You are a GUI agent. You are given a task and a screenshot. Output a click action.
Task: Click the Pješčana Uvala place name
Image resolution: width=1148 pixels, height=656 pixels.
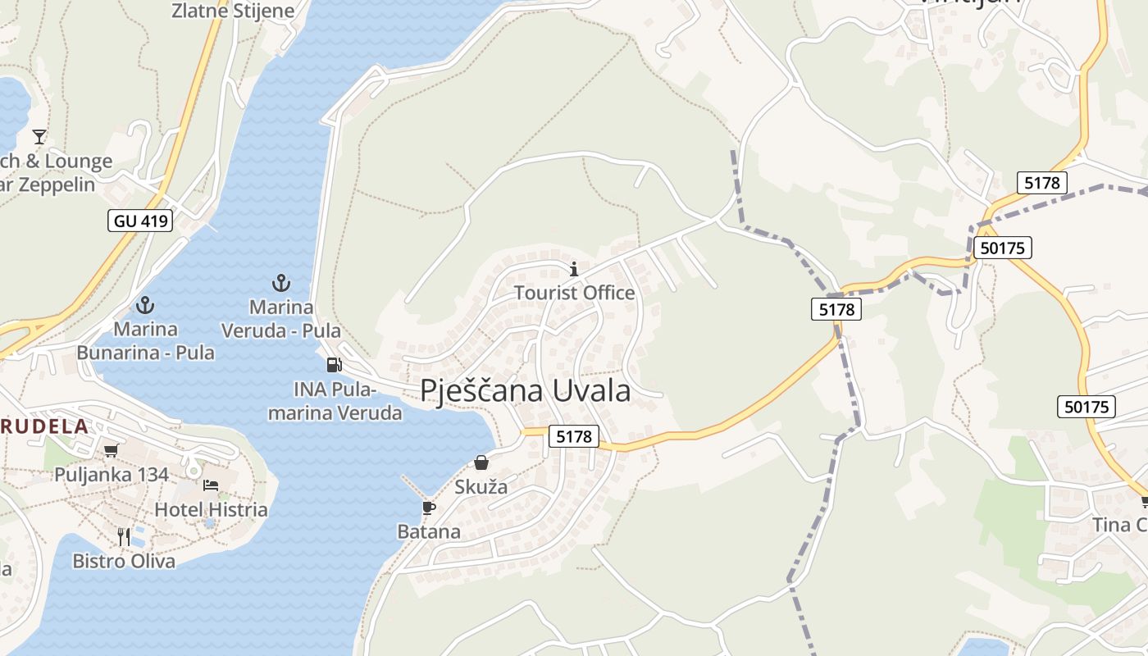tap(526, 390)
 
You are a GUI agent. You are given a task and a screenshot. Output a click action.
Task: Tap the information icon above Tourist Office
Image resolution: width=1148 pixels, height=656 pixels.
tap(574, 269)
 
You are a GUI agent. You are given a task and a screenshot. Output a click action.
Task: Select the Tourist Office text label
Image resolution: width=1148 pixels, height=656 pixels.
tap(574, 293)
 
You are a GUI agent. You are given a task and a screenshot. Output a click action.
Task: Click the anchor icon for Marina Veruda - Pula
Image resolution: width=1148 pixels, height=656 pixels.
tap(281, 284)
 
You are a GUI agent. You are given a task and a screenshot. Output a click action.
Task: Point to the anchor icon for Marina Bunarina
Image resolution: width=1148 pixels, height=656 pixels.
tap(145, 306)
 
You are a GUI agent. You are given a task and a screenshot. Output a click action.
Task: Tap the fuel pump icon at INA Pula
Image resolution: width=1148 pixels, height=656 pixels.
tap(334, 365)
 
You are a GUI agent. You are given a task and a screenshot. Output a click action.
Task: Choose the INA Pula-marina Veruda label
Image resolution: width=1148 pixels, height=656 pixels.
tap(335, 401)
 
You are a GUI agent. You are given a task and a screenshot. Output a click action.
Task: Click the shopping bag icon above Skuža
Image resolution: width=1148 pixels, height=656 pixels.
tap(481, 463)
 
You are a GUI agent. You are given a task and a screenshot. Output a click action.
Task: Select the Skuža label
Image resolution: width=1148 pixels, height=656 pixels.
tap(481, 487)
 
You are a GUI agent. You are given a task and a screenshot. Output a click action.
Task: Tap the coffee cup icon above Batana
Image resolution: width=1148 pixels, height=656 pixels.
tap(428, 508)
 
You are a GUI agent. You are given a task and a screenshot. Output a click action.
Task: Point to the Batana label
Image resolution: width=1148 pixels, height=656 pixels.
tap(429, 531)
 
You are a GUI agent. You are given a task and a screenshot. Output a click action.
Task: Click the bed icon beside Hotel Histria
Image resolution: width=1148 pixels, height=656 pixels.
tap(211, 485)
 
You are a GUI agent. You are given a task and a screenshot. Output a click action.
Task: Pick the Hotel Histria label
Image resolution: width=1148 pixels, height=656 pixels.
tap(212, 509)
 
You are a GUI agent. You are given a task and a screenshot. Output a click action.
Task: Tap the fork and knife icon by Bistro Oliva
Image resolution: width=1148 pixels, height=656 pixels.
tap(124, 537)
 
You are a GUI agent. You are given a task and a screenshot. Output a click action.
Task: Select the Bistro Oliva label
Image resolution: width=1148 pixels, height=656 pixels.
tap(124, 561)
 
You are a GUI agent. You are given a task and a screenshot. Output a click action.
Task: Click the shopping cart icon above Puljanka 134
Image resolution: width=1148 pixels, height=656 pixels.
tap(112, 450)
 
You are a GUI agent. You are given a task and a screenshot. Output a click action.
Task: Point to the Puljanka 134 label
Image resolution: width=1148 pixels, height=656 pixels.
tap(112, 474)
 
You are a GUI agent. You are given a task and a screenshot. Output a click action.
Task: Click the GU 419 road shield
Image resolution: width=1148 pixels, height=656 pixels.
tap(140, 220)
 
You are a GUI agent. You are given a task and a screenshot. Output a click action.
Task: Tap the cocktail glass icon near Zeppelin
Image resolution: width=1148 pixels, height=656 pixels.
tap(39, 136)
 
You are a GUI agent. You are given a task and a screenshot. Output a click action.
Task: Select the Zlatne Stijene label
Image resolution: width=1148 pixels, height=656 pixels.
tap(233, 11)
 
